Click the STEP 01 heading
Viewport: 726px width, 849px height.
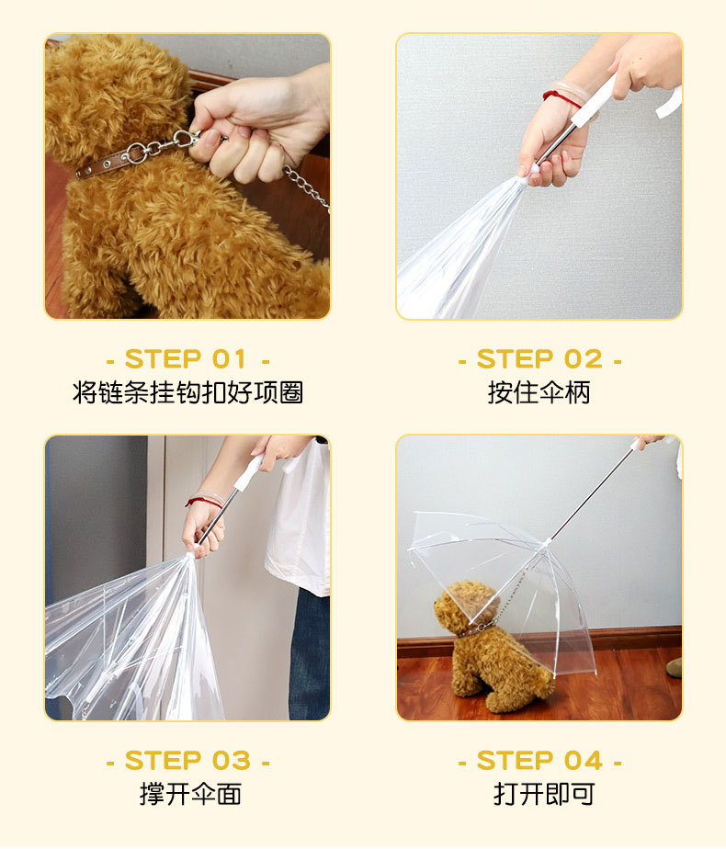click(187, 359)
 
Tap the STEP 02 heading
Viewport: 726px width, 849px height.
click(539, 359)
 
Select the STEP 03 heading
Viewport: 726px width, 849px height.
click(187, 761)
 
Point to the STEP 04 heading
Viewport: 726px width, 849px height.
click(539, 761)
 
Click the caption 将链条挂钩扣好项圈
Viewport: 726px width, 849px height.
click(187, 392)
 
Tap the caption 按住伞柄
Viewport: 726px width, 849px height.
click(539, 392)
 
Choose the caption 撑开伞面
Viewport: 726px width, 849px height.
click(190, 794)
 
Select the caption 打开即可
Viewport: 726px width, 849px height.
click(544, 794)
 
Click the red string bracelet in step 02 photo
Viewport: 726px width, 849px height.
click(562, 98)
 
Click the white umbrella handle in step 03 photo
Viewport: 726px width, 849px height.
click(250, 472)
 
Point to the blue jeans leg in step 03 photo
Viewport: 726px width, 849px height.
click(309, 655)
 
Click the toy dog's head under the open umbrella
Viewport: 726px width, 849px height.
click(467, 606)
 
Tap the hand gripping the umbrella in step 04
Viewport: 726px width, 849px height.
click(649, 441)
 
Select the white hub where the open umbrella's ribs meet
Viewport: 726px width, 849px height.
click(548, 541)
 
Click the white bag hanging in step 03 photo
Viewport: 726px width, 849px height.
click(299, 520)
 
